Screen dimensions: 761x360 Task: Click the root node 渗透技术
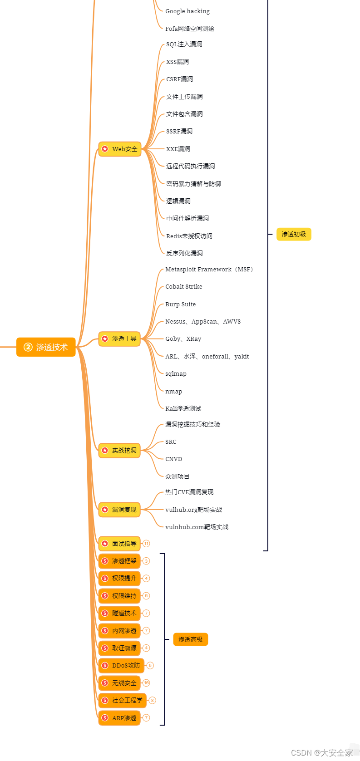point(46,347)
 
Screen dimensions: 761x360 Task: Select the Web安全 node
point(120,149)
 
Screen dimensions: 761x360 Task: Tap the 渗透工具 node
point(119,339)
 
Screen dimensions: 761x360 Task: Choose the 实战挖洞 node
point(119,450)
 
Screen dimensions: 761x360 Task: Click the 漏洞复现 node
point(119,510)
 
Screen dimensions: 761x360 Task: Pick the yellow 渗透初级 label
point(294,234)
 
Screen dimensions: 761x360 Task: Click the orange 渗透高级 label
point(190,639)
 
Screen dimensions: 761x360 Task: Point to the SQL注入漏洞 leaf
point(184,44)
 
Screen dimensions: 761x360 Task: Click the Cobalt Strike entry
point(183,286)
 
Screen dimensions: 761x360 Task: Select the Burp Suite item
point(180,304)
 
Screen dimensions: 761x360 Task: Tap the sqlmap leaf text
point(176,373)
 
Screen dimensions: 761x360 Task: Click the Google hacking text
point(187,11)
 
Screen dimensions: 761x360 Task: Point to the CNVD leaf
point(173,459)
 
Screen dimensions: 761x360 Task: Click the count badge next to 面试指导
point(146,543)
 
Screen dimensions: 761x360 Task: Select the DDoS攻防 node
point(121,665)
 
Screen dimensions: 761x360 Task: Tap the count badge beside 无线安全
point(146,682)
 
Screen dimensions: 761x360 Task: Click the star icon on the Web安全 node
point(105,149)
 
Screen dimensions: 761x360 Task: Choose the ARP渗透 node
point(119,718)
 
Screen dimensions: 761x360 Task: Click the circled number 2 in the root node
point(28,347)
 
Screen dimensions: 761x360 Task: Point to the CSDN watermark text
point(321,753)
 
